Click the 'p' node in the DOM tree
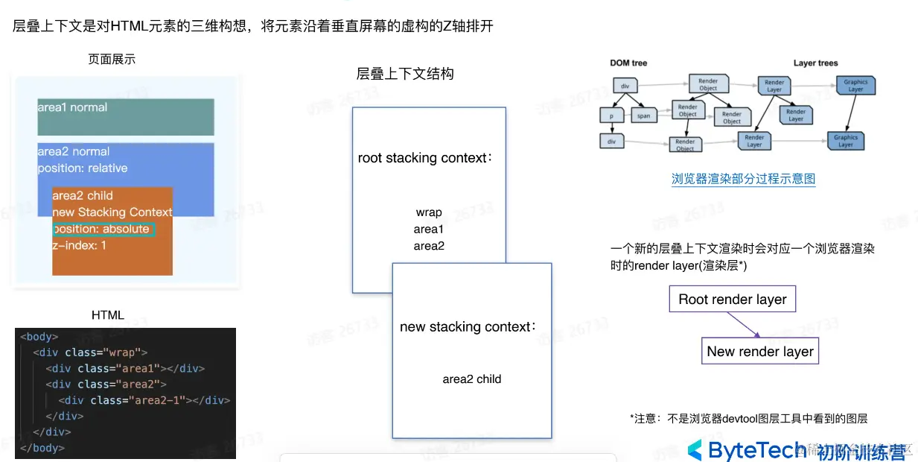click(x=611, y=116)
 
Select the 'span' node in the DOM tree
click(x=643, y=115)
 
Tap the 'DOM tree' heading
click(x=628, y=63)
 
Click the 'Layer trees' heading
click(x=815, y=63)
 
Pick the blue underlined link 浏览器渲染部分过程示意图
click(x=743, y=179)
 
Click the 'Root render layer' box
click(x=732, y=300)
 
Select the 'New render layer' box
click(x=759, y=351)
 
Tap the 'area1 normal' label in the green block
click(x=72, y=107)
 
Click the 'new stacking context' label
click(x=468, y=326)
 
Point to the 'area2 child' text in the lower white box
click(x=471, y=379)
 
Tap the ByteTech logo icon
click(x=695, y=449)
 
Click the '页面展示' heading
click(x=112, y=60)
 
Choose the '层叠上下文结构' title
click(x=405, y=74)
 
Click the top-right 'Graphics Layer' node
click(x=855, y=86)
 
